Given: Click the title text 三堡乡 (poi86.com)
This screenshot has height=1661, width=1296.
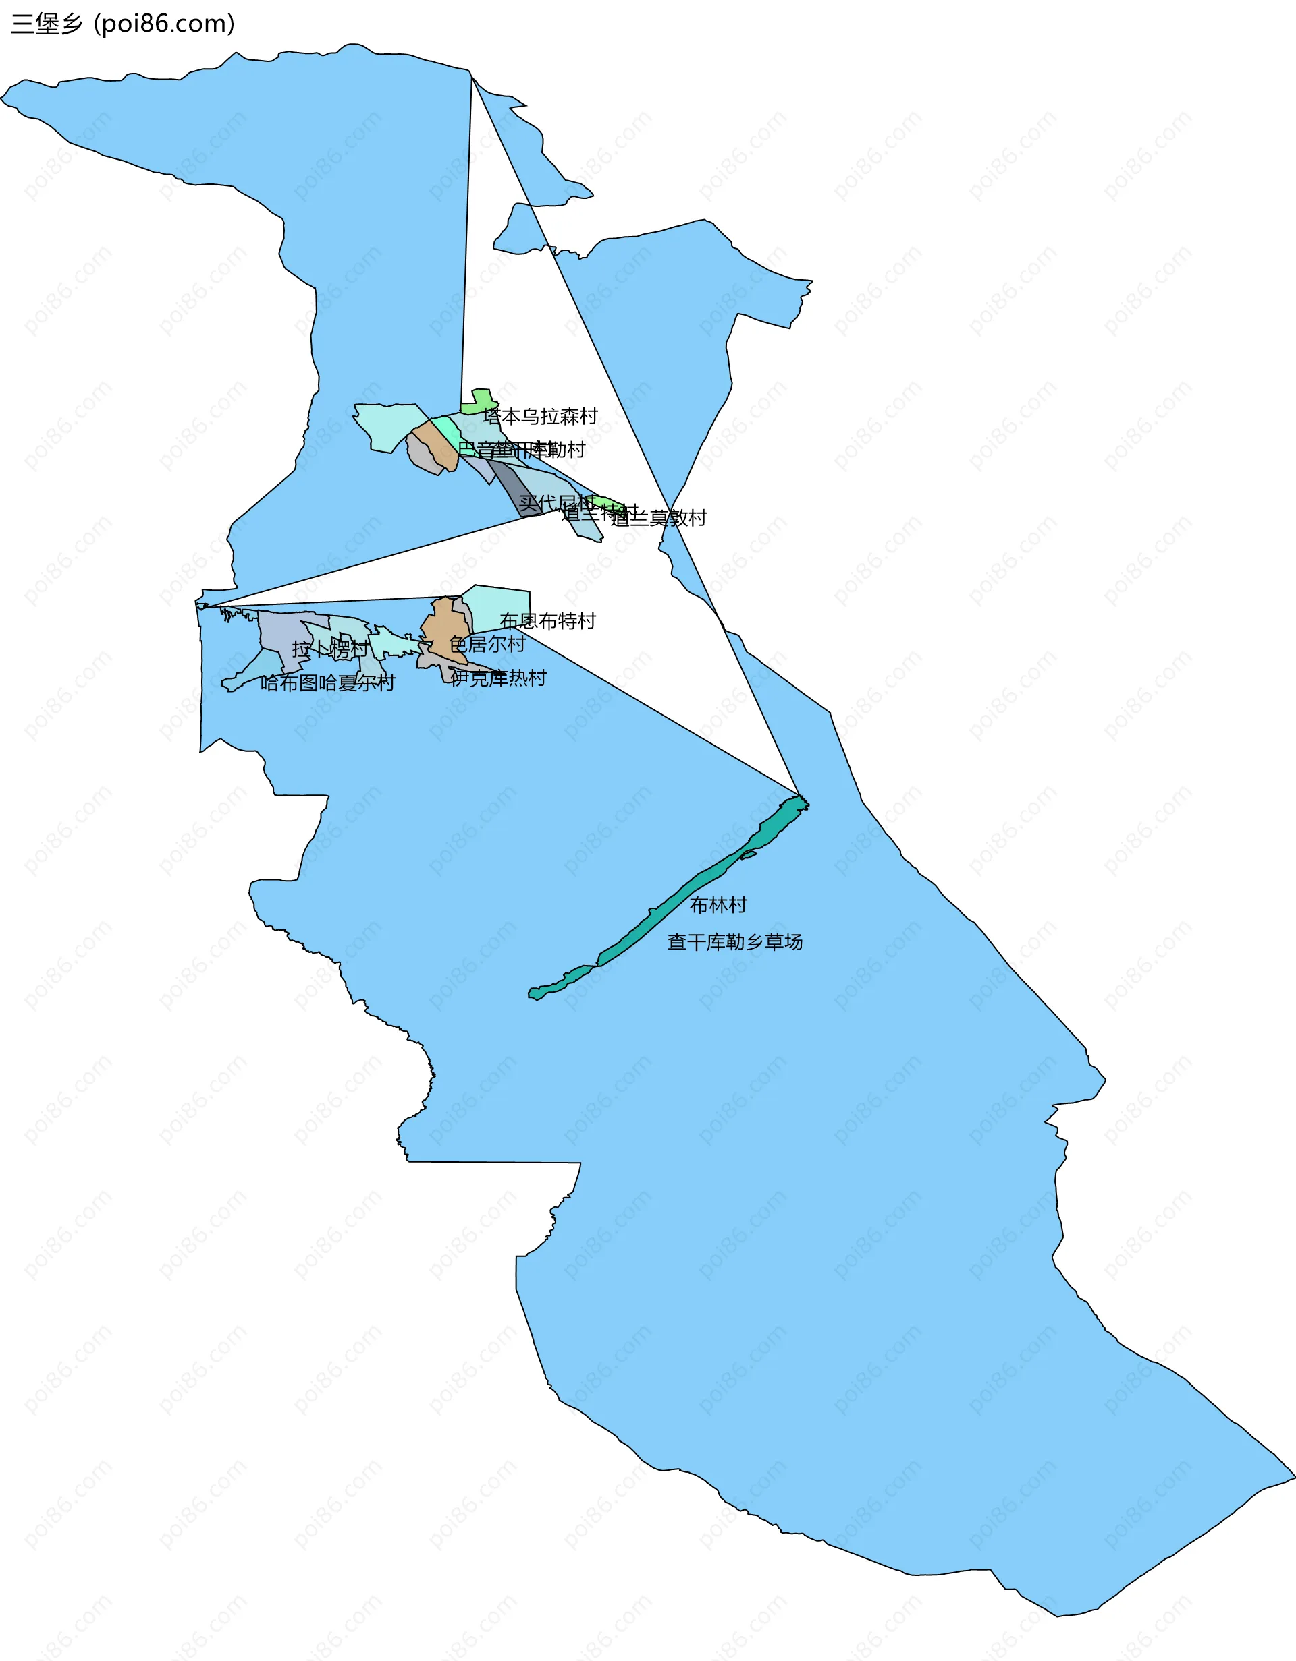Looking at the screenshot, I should (122, 24).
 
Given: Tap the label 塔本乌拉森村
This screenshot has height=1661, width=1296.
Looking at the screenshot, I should (539, 416).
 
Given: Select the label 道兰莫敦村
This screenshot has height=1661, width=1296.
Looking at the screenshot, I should (659, 518).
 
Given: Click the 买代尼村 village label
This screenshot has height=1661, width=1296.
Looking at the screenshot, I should (556, 502).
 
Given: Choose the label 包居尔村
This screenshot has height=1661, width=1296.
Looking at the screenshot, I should (487, 644).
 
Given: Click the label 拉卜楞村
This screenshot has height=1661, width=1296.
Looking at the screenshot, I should (329, 649).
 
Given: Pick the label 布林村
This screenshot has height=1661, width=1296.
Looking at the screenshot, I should (718, 904).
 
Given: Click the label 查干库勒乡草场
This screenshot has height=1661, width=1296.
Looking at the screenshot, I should (734, 941).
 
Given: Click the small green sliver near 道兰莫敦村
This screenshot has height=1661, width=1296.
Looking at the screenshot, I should (609, 502).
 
